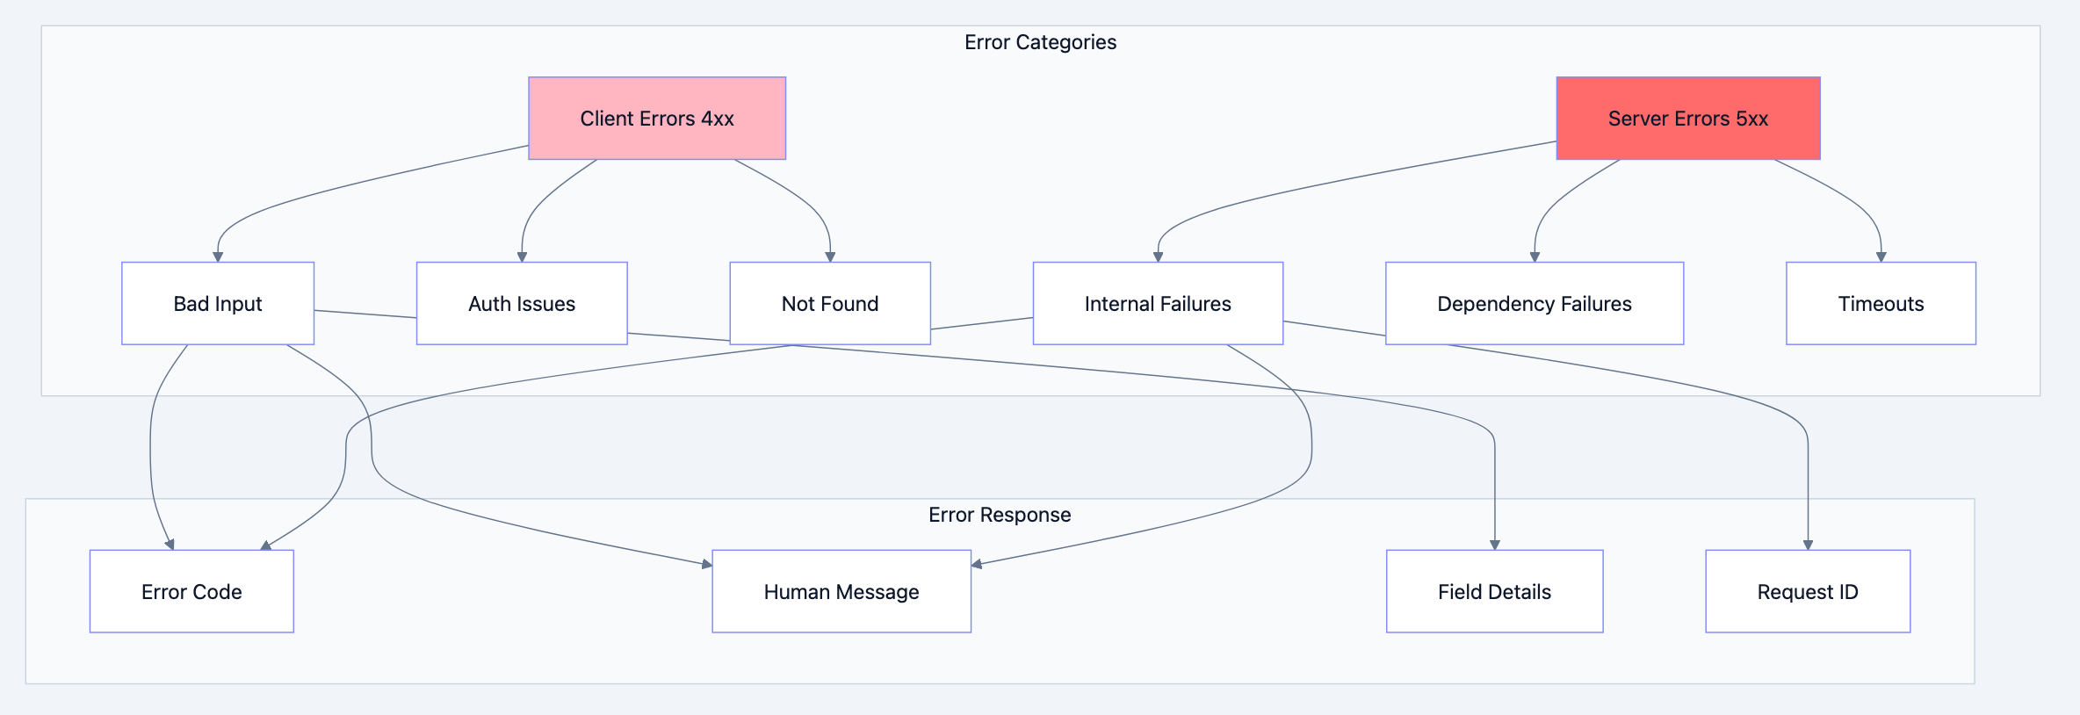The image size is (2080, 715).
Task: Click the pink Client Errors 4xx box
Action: [656, 119]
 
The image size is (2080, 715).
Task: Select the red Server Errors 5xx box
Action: [1687, 119]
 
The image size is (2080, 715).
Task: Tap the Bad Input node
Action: [218, 303]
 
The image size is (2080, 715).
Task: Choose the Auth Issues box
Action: [522, 303]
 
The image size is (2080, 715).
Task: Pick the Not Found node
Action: [829, 303]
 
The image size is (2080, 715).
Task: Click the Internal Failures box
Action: [1158, 303]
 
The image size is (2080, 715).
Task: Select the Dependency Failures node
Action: [1534, 303]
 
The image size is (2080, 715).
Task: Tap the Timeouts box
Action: [1881, 303]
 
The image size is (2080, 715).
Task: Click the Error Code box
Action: [191, 591]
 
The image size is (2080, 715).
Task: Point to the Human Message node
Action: [841, 591]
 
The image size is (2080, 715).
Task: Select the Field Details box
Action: [1494, 591]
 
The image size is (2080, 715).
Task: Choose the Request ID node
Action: [1808, 591]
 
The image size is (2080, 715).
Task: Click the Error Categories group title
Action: [1040, 42]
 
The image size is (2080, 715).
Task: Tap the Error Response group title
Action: [1000, 515]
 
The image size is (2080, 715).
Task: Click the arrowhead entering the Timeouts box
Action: [1881, 256]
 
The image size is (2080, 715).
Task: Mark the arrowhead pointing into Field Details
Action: [1494, 545]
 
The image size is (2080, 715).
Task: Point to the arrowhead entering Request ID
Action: [1808, 545]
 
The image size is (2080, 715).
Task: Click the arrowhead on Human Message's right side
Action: [977, 564]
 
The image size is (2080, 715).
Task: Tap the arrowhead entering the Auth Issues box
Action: [522, 256]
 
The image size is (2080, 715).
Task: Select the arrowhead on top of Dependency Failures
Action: [1535, 256]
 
